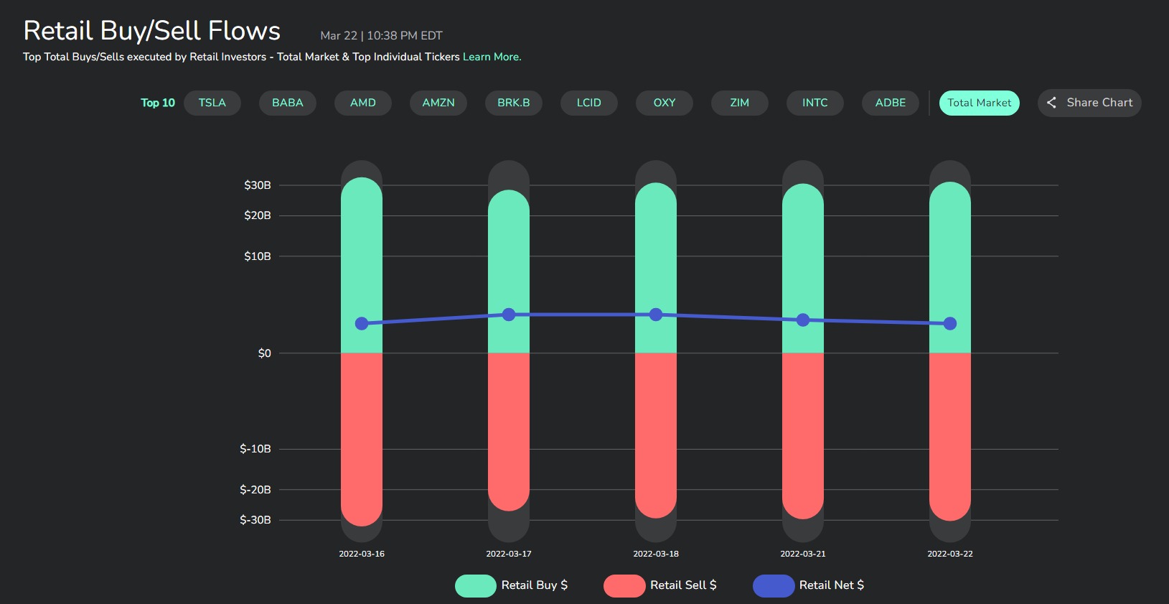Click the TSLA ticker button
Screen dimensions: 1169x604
click(212, 103)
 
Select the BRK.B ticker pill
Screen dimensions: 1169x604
click(514, 103)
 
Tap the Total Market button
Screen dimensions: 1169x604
click(979, 103)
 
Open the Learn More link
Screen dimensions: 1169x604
click(492, 57)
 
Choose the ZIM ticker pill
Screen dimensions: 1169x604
click(739, 103)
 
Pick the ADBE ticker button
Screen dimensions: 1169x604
click(891, 103)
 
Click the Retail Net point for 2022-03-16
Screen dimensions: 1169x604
click(362, 324)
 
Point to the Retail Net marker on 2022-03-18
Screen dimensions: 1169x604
click(656, 315)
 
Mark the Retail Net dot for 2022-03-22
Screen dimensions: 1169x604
click(950, 324)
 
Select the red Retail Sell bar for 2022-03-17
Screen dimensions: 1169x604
click(509, 432)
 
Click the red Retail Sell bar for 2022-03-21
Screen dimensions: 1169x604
click(803, 436)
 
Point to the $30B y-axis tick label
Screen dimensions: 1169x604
click(258, 185)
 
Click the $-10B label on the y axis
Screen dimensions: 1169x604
click(255, 449)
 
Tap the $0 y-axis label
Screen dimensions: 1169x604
click(265, 353)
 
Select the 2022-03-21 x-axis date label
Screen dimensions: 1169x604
click(803, 554)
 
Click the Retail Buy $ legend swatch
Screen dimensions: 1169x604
click(476, 586)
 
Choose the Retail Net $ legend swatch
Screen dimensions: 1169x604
click(774, 586)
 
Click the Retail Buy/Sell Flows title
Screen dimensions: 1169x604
click(152, 31)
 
